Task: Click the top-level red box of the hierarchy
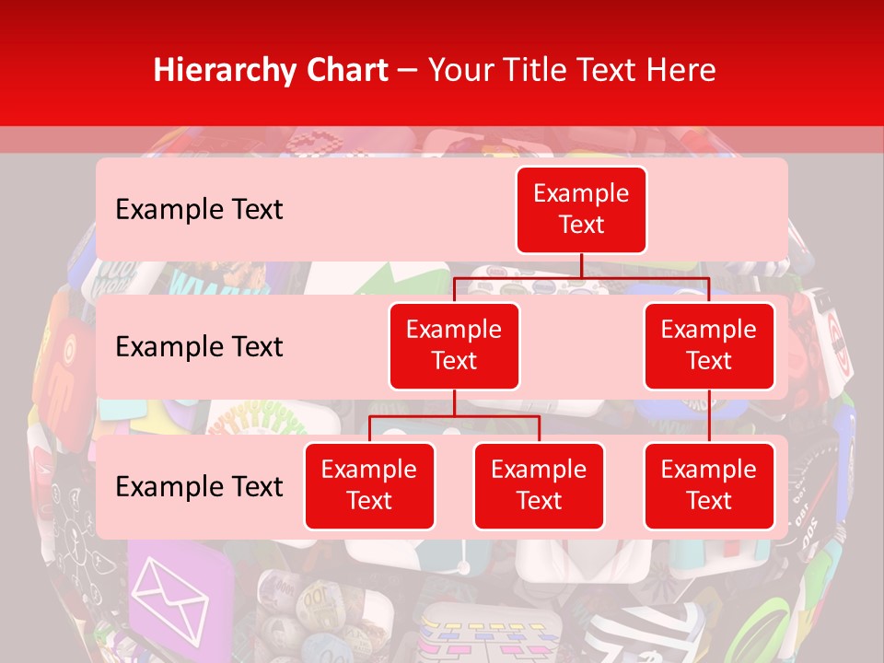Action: click(581, 210)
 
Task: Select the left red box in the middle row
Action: click(454, 346)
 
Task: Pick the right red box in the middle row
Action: click(709, 346)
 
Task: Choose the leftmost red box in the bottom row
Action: click(369, 486)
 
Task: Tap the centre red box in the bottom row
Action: click(539, 486)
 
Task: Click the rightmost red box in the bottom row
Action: click(709, 486)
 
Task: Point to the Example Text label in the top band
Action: click(199, 210)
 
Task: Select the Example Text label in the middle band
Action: click(199, 347)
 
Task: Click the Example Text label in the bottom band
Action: click(199, 487)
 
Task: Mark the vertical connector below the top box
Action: click(581, 265)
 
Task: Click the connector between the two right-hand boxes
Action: click(709, 416)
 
